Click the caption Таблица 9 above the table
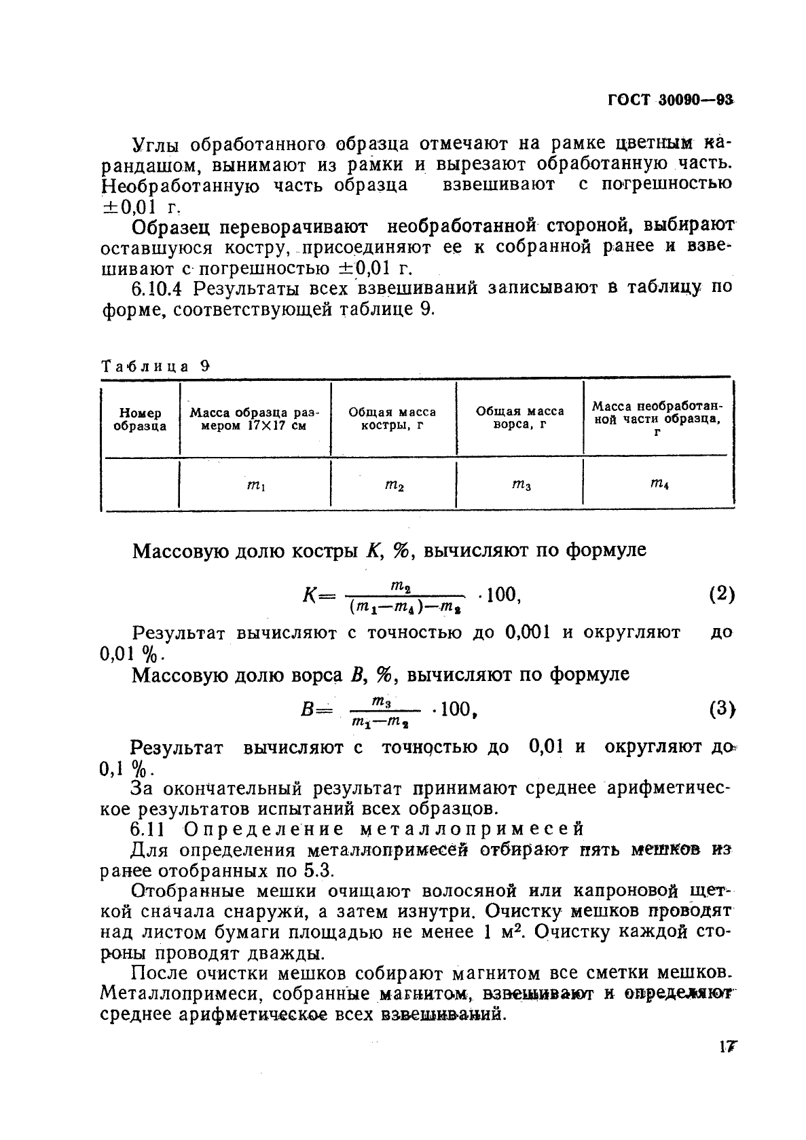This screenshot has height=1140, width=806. point(155,366)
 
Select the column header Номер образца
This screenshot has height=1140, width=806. point(140,419)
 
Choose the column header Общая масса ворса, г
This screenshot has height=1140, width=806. point(519,418)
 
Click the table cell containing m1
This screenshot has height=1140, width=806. point(255,485)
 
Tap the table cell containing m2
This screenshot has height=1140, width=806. point(395,485)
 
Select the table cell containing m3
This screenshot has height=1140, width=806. point(521,484)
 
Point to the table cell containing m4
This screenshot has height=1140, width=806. point(659,484)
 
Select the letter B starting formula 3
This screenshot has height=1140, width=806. point(306,710)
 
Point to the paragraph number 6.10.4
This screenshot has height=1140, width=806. point(158,288)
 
